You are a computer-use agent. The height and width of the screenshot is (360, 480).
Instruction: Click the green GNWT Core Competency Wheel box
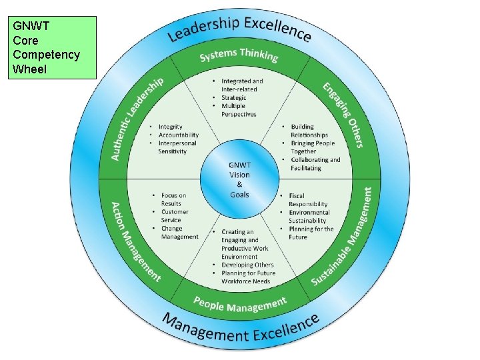[53, 48]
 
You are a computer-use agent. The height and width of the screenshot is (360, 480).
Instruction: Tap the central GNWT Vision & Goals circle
[239, 179]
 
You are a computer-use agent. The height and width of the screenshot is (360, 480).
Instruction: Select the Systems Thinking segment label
[239, 54]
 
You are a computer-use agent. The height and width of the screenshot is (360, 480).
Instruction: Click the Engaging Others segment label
[343, 114]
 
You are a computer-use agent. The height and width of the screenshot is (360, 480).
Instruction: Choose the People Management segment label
[239, 304]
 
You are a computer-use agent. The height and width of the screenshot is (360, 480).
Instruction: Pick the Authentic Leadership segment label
[137, 119]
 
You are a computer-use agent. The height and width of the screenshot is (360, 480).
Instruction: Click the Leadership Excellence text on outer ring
[239, 27]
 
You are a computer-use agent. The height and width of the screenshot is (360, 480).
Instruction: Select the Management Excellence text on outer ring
[240, 329]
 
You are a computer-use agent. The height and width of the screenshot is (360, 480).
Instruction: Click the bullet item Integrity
[171, 127]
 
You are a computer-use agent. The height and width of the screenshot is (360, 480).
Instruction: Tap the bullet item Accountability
[179, 135]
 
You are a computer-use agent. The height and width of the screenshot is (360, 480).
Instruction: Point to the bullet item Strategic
[233, 98]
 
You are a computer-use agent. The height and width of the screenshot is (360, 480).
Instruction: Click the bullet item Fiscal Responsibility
[308, 200]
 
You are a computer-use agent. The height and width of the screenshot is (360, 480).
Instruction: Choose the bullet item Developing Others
[247, 265]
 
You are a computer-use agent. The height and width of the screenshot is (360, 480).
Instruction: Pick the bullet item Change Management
[179, 233]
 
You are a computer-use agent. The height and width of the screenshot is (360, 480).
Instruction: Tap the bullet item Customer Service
[175, 216]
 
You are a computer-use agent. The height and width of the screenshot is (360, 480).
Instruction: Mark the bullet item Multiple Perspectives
[238, 110]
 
